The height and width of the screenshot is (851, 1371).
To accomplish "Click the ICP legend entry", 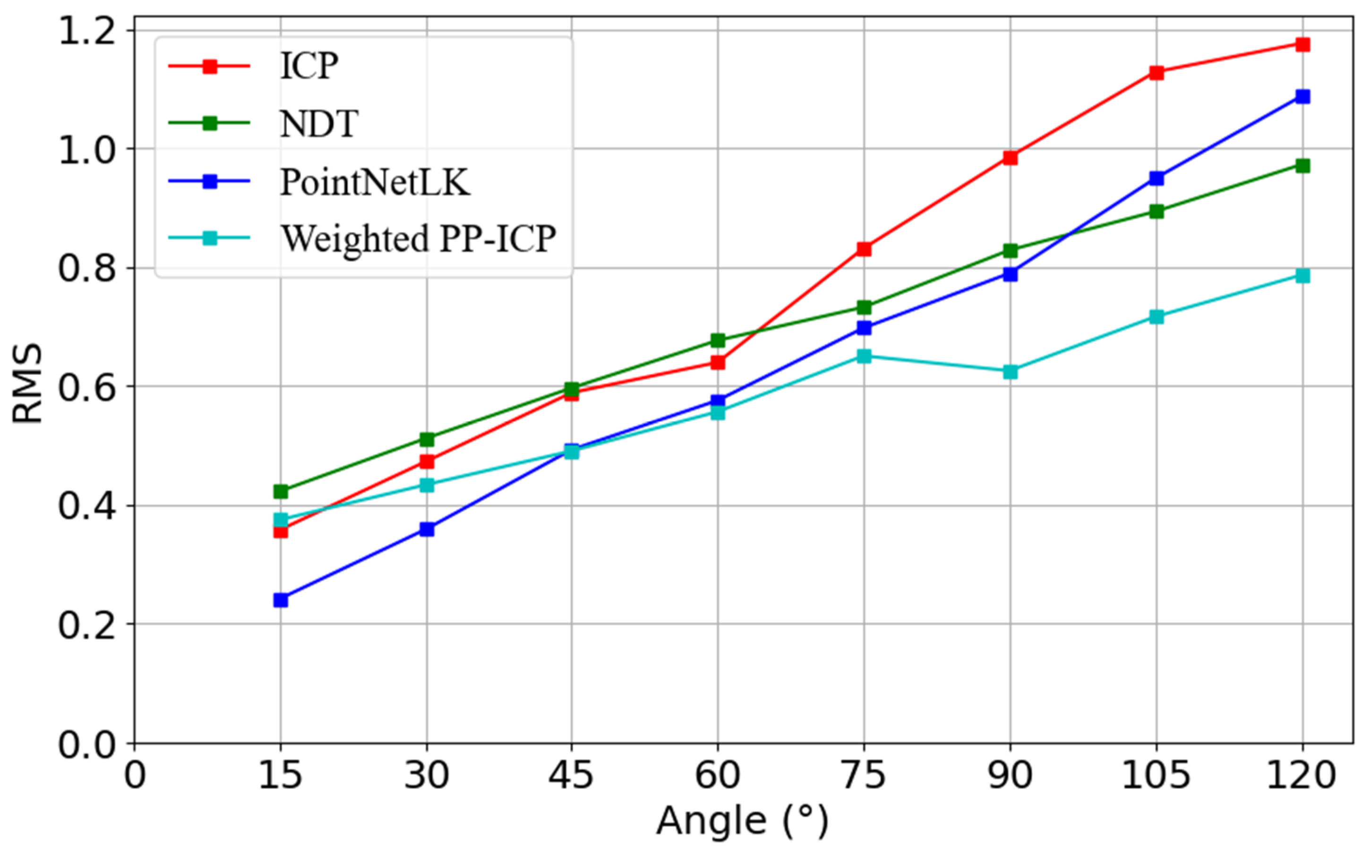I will pos(309,67).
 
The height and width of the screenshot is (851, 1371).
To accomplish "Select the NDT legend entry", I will pos(319,123).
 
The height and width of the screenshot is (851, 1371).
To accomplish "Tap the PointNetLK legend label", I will pos(375,181).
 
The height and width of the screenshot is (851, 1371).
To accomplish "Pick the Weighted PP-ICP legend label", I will pos(418,238).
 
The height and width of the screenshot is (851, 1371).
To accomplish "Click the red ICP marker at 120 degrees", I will pos(1302,44).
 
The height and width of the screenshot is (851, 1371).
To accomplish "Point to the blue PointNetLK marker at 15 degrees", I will pos(281,600).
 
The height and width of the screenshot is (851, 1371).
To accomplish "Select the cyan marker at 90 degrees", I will pos(1010,372).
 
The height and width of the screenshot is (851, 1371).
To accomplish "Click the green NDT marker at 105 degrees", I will pos(1157,211).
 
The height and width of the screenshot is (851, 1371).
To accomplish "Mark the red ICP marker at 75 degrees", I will pos(864,249).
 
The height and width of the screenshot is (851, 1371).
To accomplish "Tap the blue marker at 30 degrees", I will pos(427,529).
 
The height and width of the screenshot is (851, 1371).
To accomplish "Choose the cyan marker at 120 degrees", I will pos(1302,275).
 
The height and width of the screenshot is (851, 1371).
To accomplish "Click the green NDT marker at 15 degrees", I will pos(281,491).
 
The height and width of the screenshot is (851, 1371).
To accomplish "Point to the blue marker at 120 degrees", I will pos(1302,96).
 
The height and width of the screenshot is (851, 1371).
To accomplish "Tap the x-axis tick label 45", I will pos(572,775).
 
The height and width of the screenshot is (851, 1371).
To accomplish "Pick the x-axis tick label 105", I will pos(1156,775).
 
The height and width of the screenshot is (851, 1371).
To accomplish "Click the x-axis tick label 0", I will pos(135,775).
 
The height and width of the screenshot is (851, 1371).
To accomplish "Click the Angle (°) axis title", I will pos(742,821).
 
